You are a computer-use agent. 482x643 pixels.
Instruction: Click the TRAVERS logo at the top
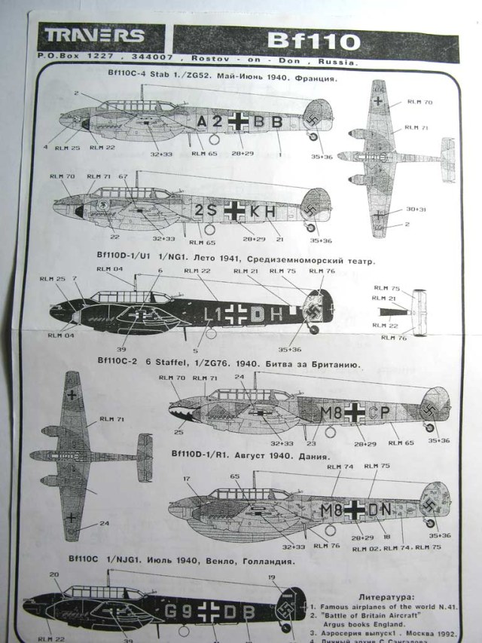[x=94, y=35]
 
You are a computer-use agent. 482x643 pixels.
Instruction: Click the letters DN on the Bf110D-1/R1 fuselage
[x=379, y=510]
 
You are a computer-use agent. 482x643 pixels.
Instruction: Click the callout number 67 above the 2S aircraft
[x=123, y=176]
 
